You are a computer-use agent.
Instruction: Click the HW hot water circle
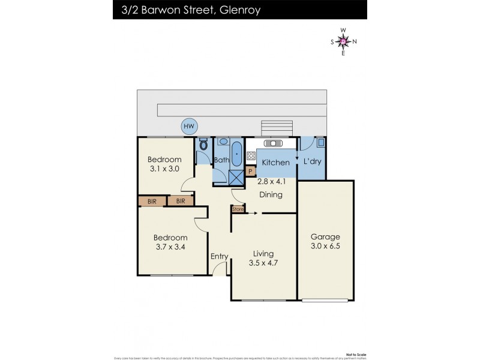[x=190, y=126]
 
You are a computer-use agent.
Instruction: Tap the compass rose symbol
[x=343, y=41]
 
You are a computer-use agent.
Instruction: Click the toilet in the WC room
[x=203, y=145]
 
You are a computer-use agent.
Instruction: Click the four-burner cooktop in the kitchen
[x=250, y=157]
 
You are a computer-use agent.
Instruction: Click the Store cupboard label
[x=238, y=209]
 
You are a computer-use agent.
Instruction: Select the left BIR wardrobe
[x=152, y=202]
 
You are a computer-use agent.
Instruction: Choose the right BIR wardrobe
[x=180, y=202]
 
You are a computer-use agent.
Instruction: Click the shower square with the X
[x=236, y=175]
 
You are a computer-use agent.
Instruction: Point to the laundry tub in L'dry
[x=320, y=143]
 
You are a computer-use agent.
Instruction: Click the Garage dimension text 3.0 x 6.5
[x=325, y=247]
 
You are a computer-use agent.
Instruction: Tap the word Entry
[x=219, y=257]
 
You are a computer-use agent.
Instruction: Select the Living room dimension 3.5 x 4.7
[x=263, y=263]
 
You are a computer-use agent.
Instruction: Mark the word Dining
[x=271, y=195]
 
